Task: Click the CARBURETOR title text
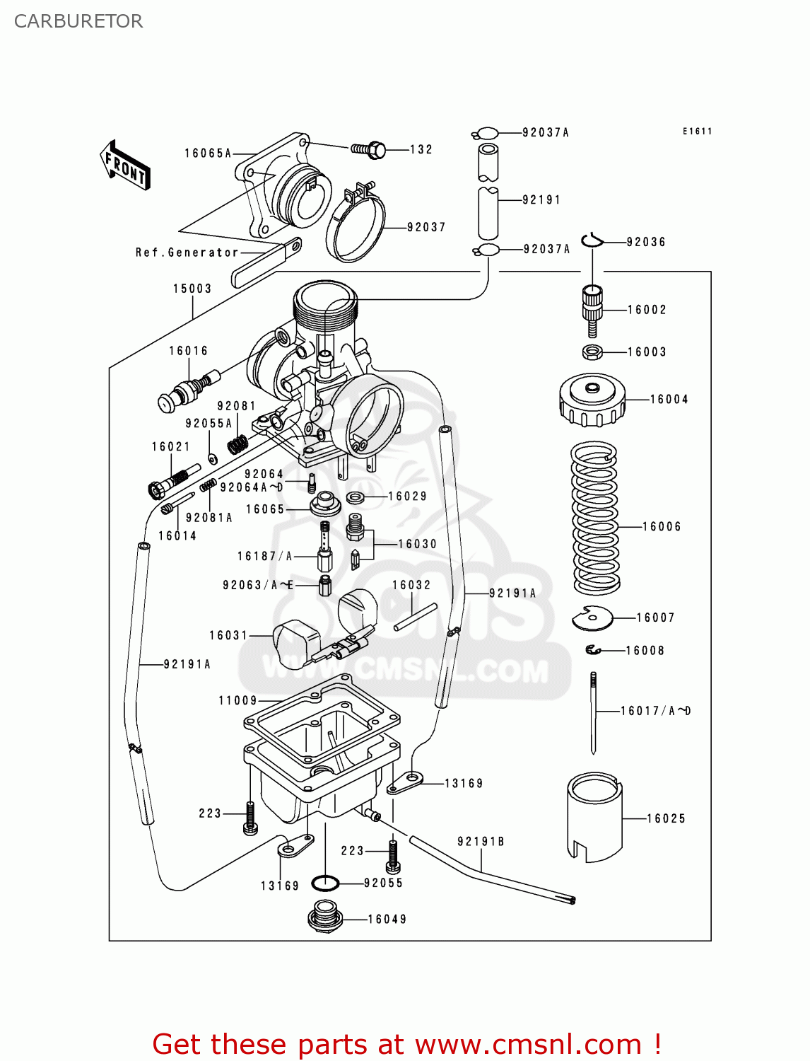point(78,21)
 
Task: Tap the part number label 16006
point(662,526)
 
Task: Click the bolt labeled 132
point(369,149)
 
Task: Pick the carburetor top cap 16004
point(592,400)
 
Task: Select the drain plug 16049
point(325,917)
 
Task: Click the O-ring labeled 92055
point(325,883)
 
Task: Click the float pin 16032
point(416,616)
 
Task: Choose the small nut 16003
point(592,352)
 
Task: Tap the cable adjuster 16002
point(592,310)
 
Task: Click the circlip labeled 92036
point(592,241)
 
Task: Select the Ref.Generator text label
point(187,253)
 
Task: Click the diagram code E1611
point(697,132)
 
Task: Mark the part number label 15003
point(192,289)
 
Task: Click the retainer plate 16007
point(592,619)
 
